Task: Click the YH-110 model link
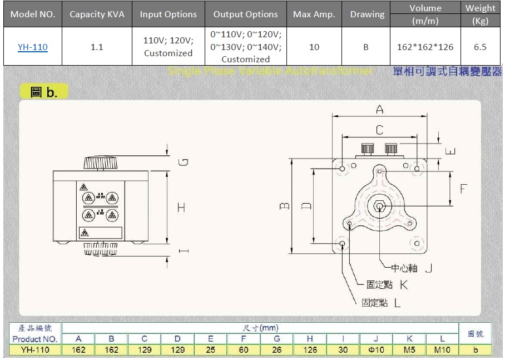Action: point(32,47)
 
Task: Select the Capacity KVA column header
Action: point(97,14)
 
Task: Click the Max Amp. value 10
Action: point(314,47)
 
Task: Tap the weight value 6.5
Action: point(480,47)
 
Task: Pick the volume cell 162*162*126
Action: point(425,47)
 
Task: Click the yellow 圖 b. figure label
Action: point(44,92)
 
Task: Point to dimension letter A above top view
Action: point(380,110)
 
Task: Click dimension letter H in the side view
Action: point(181,207)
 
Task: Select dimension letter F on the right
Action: point(463,189)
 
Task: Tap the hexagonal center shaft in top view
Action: point(379,206)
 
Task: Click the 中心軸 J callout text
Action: point(412,268)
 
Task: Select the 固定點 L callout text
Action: point(382,303)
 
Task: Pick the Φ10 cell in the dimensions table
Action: point(376,350)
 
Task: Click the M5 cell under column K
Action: point(409,350)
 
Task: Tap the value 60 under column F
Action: point(244,350)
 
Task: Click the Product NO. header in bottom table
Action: point(34,339)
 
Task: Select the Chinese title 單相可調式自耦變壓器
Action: point(447,72)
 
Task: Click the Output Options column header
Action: point(245,14)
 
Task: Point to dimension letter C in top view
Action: point(379,130)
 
